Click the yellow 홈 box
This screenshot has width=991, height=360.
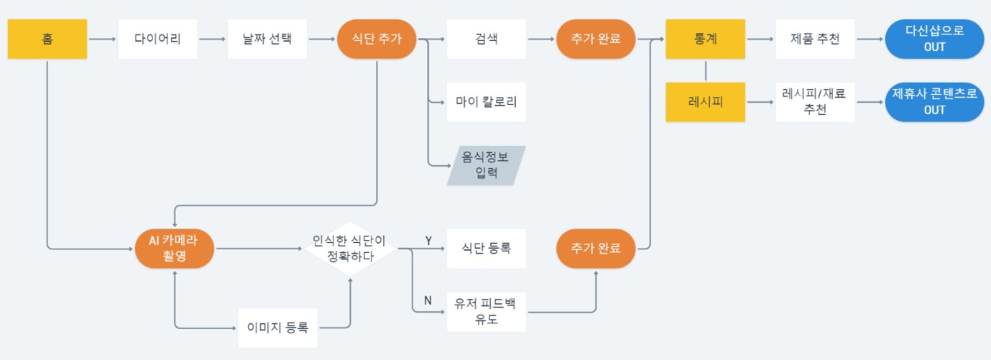pyautogui.click(x=47, y=39)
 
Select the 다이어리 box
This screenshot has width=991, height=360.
pyautogui.click(x=157, y=39)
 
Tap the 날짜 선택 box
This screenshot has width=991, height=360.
pyautogui.click(x=268, y=39)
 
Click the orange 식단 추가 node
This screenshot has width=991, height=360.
pyautogui.click(x=377, y=39)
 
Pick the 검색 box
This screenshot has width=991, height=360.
pyautogui.click(x=487, y=39)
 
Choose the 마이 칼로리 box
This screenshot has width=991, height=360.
pyautogui.click(x=487, y=102)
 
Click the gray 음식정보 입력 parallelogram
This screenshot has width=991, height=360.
pyautogui.click(x=487, y=166)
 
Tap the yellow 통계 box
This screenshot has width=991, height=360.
pyautogui.click(x=706, y=39)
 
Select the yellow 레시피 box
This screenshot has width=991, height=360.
pyautogui.click(x=706, y=102)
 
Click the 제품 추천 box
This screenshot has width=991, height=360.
pyautogui.click(x=815, y=39)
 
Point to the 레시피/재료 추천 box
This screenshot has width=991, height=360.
pyautogui.click(x=815, y=102)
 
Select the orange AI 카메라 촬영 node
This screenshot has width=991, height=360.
pyautogui.click(x=175, y=249)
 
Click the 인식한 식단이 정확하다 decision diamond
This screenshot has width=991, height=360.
pyautogui.click(x=350, y=249)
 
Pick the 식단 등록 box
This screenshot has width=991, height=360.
pyautogui.click(x=487, y=249)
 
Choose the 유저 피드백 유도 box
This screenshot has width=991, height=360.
pyautogui.click(x=487, y=312)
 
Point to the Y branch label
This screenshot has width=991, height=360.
pyautogui.click(x=428, y=241)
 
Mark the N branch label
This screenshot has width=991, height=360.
pyautogui.click(x=428, y=301)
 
